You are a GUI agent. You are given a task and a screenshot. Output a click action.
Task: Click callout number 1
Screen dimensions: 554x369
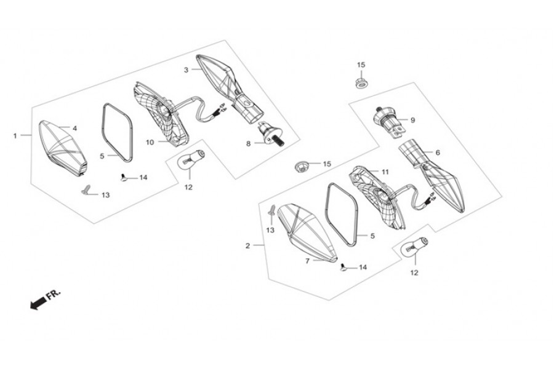point(15,135)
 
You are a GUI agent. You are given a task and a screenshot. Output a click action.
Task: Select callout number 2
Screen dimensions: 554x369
point(247,246)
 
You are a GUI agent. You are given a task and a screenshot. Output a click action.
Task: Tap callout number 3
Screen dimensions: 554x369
point(186,70)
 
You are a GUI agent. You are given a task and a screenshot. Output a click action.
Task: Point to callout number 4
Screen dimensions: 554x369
point(74,128)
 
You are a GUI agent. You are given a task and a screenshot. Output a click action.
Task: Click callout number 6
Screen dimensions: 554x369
point(438,153)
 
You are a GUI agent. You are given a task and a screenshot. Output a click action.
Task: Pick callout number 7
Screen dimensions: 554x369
point(307,261)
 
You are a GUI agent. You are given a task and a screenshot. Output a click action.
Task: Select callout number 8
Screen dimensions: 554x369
point(249,144)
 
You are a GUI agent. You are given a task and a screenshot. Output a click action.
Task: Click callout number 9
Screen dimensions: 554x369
point(412,120)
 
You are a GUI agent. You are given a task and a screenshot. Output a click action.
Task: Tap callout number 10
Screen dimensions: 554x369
point(150,142)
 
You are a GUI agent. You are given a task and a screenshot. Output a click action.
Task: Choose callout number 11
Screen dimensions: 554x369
point(385,172)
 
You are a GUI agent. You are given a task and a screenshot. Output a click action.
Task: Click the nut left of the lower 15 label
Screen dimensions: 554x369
point(302,165)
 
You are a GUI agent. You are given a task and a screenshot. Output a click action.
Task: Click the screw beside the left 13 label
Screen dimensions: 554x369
point(85,190)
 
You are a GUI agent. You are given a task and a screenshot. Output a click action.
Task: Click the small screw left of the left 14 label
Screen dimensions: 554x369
point(123,177)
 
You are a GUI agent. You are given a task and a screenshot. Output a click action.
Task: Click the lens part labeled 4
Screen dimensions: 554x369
point(62,148)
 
